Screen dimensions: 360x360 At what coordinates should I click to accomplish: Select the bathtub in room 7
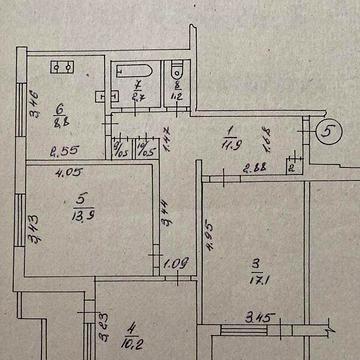point(132,74)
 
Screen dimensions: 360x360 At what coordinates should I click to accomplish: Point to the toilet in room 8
point(176,72)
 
